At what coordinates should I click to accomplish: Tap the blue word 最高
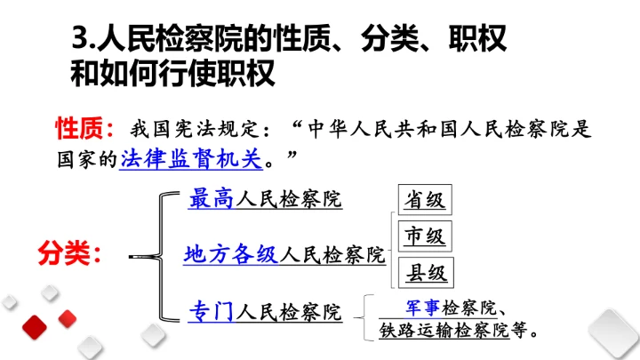tap(211, 199)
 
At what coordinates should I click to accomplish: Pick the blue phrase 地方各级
tap(231, 255)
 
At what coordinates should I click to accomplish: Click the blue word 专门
tap(211, 312)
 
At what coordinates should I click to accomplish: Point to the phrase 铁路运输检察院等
tap(449, 331)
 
